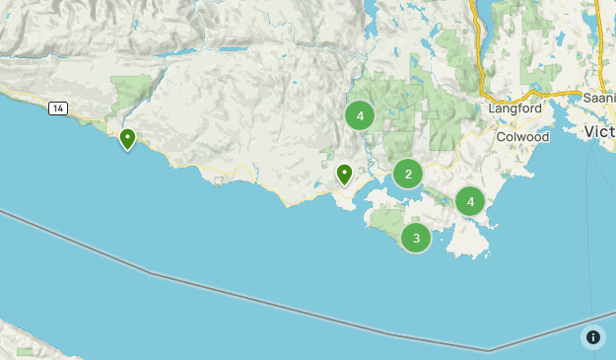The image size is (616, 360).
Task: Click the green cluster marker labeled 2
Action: tap(408, 175)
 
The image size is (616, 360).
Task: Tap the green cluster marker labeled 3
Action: tap(416, 238)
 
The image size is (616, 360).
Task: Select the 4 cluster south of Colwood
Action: tap(470, 202)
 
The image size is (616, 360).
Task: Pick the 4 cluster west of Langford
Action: tap(360, 116)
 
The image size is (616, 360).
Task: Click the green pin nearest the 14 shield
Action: tap(127, 139)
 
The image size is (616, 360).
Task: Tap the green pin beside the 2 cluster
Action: tap(344, 175)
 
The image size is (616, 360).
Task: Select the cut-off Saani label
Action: tap(598, 99)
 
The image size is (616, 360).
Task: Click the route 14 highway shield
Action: tap(58, 108)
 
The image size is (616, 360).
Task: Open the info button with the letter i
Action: tap(592, 336)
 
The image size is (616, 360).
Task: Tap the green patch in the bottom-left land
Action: tap(25, 350)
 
